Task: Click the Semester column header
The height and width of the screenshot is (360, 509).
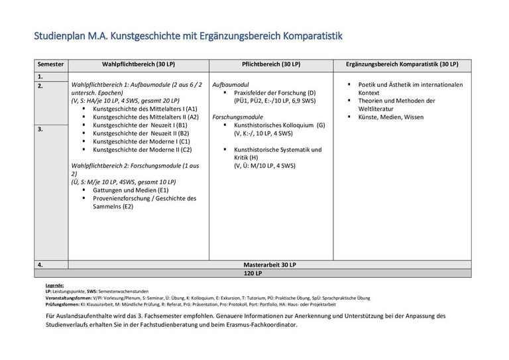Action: point(51,64)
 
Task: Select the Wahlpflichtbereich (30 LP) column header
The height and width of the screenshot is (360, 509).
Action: point(139,64)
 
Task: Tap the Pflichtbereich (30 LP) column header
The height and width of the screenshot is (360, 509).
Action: point(270,64)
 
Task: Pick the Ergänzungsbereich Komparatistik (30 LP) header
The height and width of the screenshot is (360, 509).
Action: point(402,64)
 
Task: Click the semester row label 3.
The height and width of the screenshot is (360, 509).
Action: point(40,129)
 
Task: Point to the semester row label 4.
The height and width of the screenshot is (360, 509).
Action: point(40,265)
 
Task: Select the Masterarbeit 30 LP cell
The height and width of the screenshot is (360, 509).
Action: point(270,265)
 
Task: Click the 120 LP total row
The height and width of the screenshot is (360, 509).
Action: point(253,273)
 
